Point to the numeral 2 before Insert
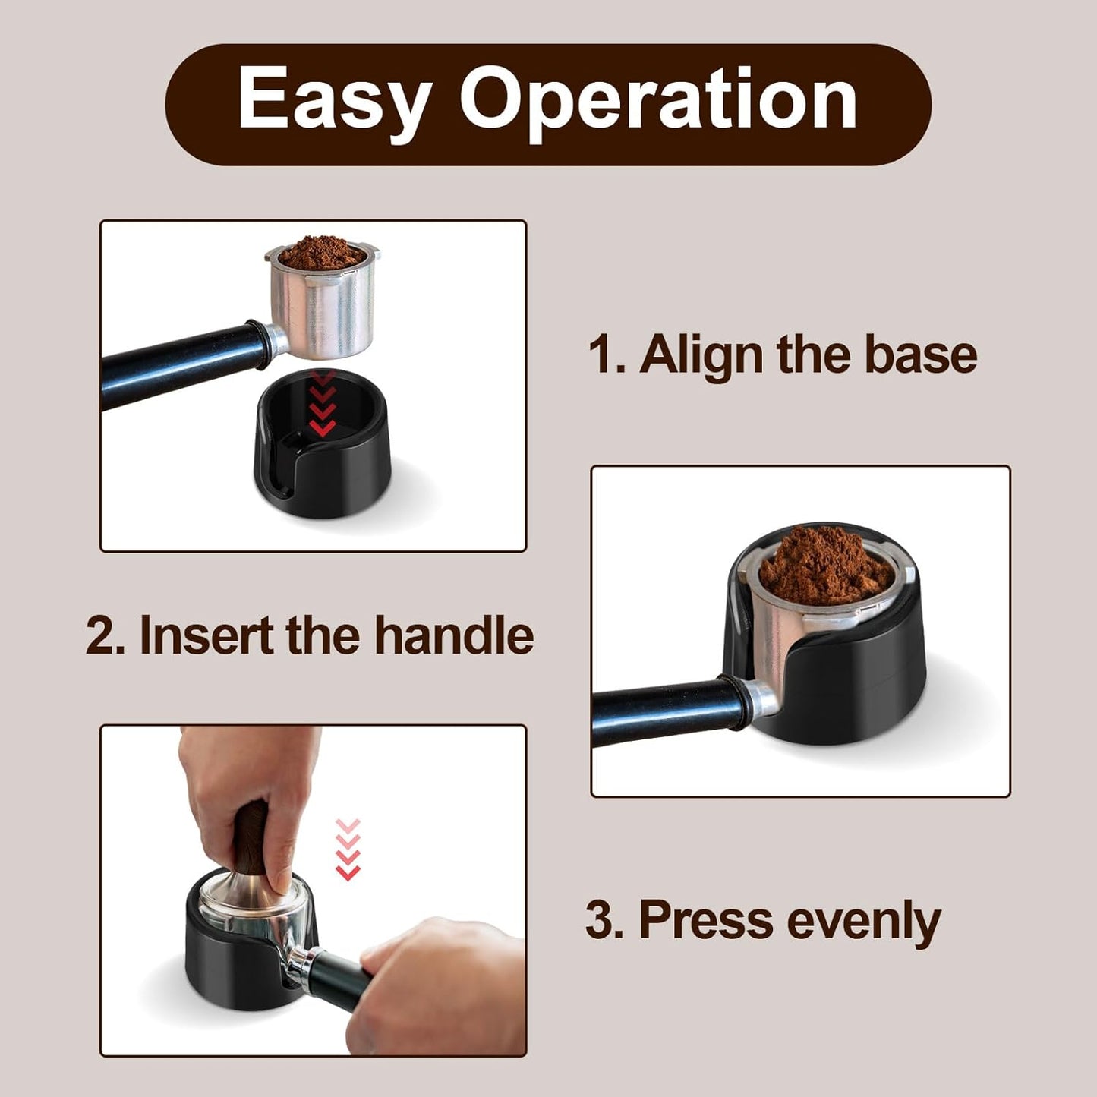coord(102,635)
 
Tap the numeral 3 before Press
coord(602,919)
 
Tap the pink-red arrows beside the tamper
coord(347,850)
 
